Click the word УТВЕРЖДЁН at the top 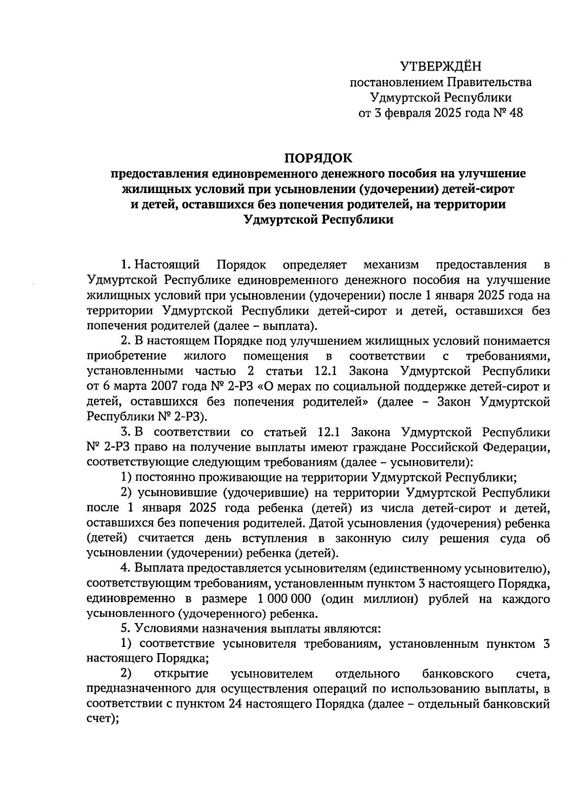(x=441, y=66)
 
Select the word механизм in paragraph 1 (x=390, y=264)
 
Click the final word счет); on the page (x=102, y=719)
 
